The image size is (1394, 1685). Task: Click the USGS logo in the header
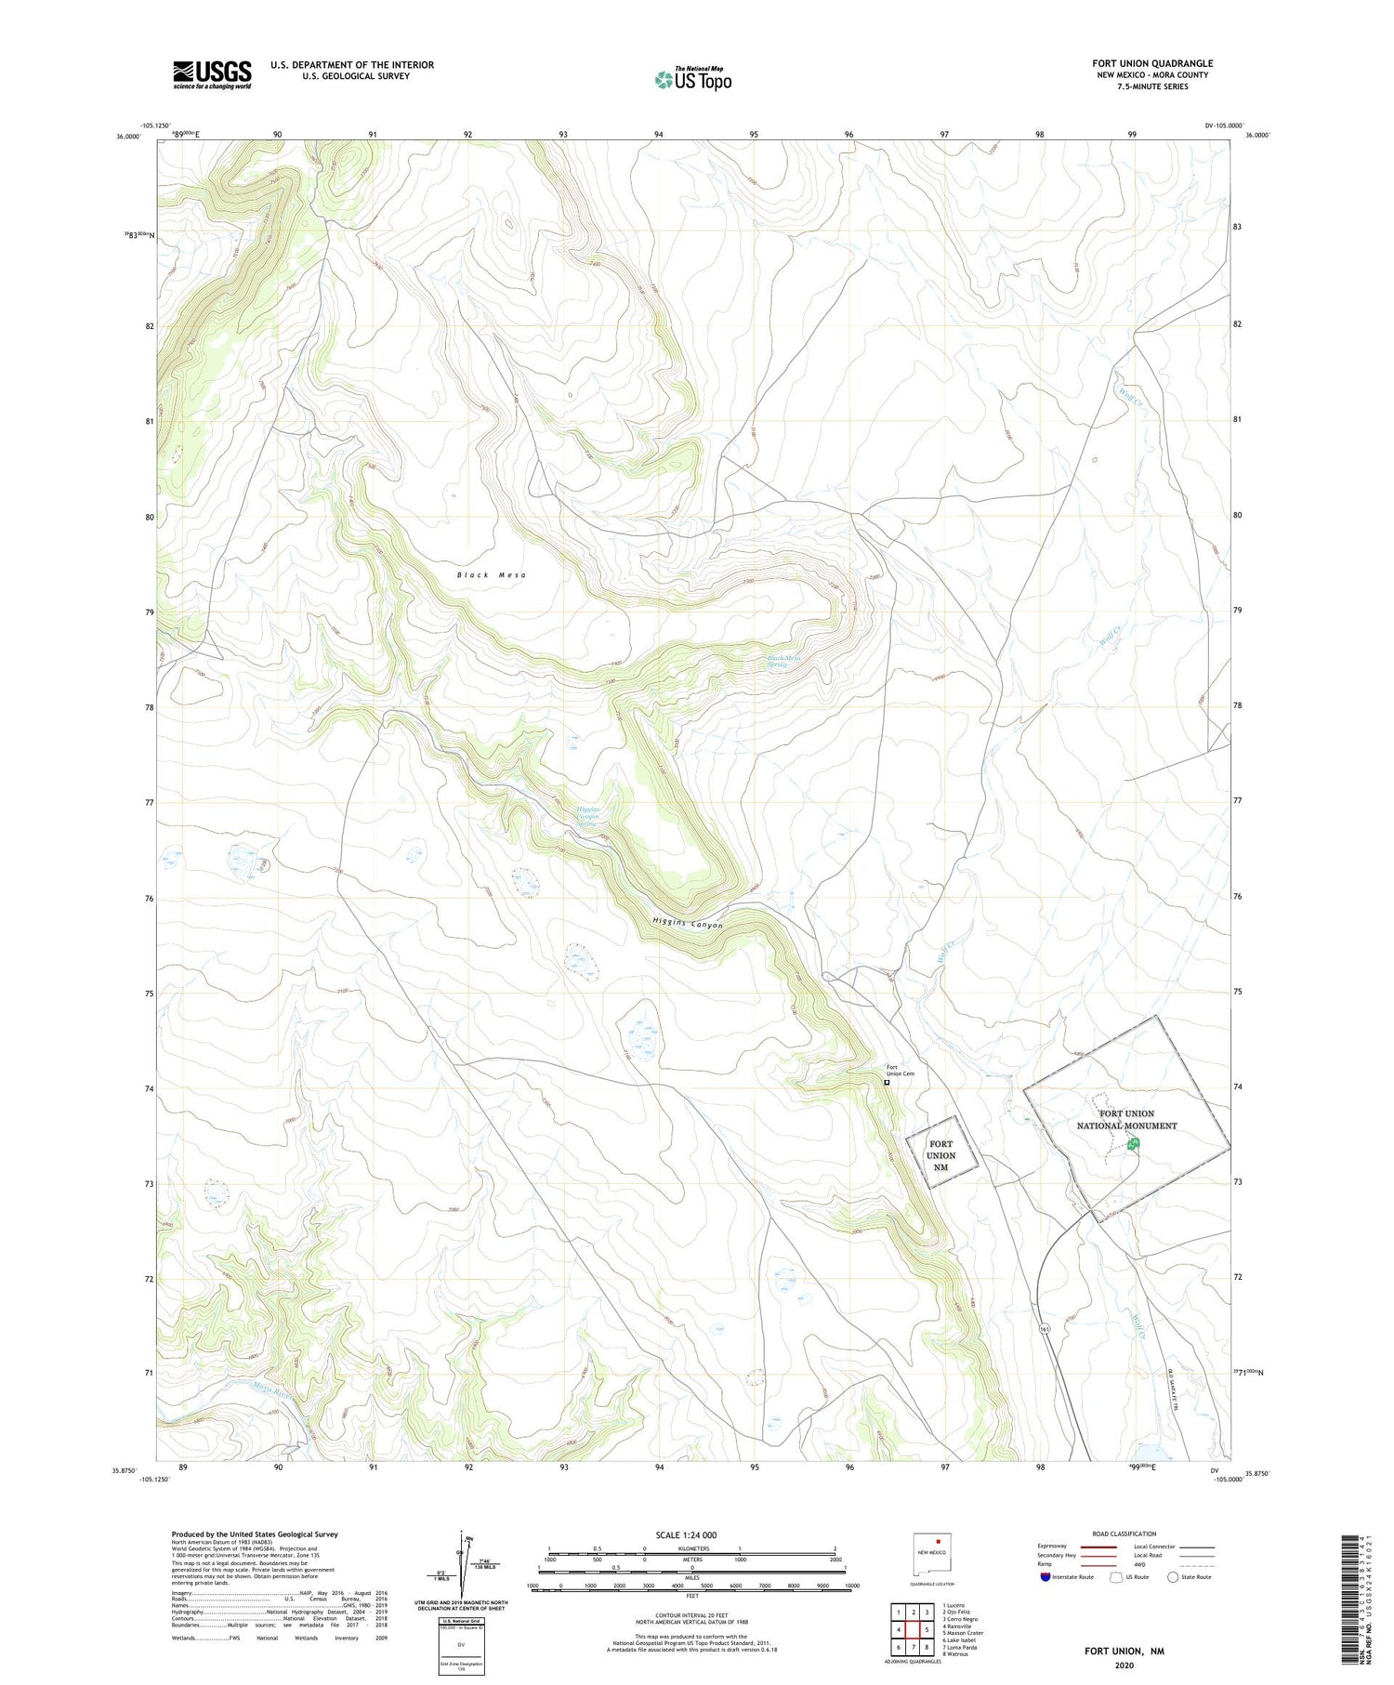212,74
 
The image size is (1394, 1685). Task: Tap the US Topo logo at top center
692,80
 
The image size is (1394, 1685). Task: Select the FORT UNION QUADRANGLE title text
1152,63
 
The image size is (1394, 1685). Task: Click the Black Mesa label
492,575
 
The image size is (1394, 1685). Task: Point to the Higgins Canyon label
687,924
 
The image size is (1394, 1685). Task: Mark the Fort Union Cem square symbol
887,1082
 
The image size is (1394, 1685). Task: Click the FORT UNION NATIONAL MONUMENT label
1126,1119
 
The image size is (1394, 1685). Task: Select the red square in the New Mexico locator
939,1540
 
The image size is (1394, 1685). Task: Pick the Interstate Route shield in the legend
1045,1577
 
